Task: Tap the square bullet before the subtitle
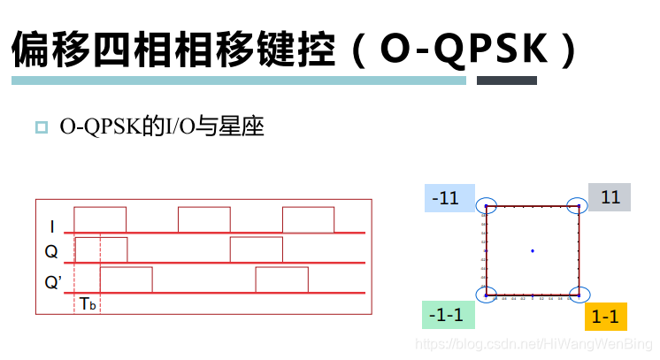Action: point(41,127)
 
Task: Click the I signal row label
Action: point(52,227)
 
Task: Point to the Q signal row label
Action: point(51,252)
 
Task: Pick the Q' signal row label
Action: point(54,283)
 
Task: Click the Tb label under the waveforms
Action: point(88,303)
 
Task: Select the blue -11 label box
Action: point(449,198)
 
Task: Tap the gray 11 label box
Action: point(610,197)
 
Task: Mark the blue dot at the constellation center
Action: point(533,250)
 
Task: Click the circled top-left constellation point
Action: point(486,206)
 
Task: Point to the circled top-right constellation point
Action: point(579,206)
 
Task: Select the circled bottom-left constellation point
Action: point(486,295)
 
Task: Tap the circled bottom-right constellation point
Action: point(579,295)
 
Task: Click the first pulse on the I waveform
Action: point(100,218)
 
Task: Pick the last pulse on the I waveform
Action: point(308,218)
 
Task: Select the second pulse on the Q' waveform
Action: point(281,279)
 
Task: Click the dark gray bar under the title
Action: point(506,80)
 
